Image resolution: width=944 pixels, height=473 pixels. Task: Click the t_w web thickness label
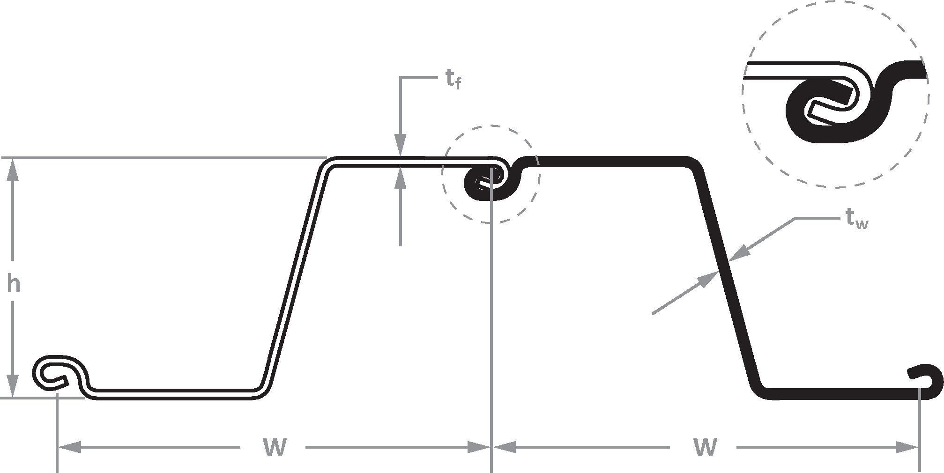[857, 220]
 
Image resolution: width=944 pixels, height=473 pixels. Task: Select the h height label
[14, 284]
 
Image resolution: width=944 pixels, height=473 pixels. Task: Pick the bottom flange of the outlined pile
[173, 393]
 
